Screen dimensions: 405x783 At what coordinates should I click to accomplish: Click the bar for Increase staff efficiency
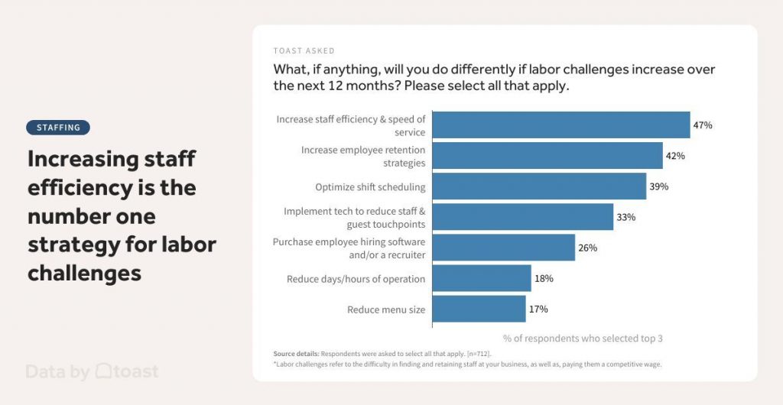(560, 125)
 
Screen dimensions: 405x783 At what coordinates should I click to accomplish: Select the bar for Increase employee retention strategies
(547, 156)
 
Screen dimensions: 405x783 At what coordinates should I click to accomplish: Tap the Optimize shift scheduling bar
(538, 186)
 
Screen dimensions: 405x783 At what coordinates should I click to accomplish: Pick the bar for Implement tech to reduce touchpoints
(522, 217)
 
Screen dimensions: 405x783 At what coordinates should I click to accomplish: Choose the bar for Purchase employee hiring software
(503, 248)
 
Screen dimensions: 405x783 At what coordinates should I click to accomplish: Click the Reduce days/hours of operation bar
(481, 279)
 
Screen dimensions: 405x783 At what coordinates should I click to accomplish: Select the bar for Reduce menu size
(479, 309)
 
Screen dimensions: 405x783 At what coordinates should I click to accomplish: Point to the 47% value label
(703, 125)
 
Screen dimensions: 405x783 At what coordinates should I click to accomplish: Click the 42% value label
(675, 156)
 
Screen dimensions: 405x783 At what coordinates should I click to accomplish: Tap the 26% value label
(587, 248)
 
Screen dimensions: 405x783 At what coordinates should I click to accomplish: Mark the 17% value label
(538, 309)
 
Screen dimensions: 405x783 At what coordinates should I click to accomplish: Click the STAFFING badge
(58, 128)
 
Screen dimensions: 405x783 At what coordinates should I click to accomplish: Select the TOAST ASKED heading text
(304, 51)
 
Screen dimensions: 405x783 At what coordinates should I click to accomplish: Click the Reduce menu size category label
(386, 309)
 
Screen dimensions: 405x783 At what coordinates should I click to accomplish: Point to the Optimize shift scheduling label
(370, 187)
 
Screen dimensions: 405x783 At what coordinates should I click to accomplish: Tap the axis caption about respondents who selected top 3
(583, 339)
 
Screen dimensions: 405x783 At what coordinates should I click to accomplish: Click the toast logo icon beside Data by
(104, 371)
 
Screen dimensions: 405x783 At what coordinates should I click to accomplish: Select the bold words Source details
(296, 355)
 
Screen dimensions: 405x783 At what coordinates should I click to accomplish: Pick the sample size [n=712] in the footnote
(479, 355)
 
